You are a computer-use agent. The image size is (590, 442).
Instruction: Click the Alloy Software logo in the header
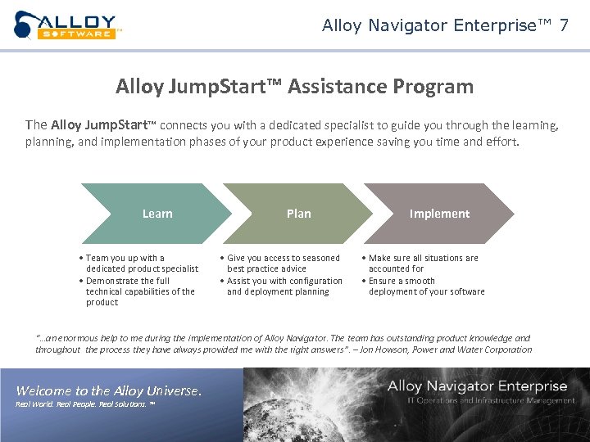pyautogui.click(x=67, y=25)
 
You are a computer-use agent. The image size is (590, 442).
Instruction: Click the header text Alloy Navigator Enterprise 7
pyautogui.click(x=445, y=25)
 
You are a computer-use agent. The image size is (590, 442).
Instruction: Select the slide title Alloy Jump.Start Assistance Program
pyautogui.click(x=294, y=86)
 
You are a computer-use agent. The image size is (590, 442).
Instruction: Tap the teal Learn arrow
pyautogui.click(x=157, y=214)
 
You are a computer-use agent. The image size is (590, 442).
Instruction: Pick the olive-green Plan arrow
pyautogui.click(x=298, y=214)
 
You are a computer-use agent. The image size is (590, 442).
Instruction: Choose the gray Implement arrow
pyautogui.click(x=439, y=214)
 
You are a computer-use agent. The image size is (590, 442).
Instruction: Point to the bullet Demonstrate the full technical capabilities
pyautogui.click(x=139, y=291)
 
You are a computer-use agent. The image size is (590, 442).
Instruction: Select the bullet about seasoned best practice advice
pyautogui.click(x=283, y=263)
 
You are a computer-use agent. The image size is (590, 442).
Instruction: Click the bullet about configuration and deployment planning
pyautogui.click(x=284, y=286)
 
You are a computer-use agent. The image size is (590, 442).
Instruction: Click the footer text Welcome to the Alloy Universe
pyautogui.click(x=108, y=390)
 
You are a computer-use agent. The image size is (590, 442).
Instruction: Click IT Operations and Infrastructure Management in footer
pyautogui.click(x=490, y=400)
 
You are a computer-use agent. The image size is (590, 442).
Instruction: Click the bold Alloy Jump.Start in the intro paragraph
pyautogui.click(x=98, y=125)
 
